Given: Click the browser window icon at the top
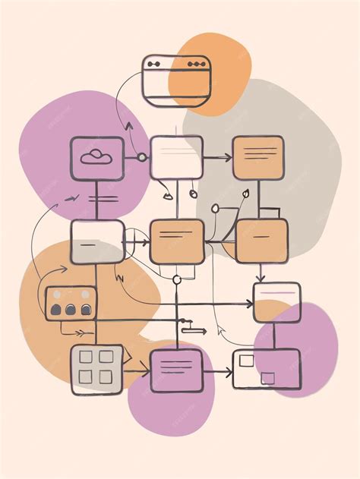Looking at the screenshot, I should click(x=175, y=80).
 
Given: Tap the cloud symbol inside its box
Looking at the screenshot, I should click(x=96, y=157).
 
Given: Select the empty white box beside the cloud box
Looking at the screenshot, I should click(x=176, y=157).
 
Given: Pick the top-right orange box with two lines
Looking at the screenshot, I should click(x=258, y=157).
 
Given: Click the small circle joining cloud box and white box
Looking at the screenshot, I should click(x=141, y=158).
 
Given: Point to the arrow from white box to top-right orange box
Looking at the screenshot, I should click(x=218, y=158).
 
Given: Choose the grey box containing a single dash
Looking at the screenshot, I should click(x=96, y=242).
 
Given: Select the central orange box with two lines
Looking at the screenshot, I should click(x=177, y=241).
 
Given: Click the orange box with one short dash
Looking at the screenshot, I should click(x=261, y=241).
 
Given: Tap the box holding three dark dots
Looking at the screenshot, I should click(x=71, y=302).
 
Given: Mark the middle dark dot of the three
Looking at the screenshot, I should click(x=71, y=309).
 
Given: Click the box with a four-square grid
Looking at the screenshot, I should click(x=96, y=369).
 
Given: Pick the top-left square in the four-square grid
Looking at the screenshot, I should click(x=87, y=357).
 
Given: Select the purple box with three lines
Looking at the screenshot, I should click(x=176, y=370).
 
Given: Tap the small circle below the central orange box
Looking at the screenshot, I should click(x=177, y=280).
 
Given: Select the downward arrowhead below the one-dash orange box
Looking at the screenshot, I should click(x=261, y=278).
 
